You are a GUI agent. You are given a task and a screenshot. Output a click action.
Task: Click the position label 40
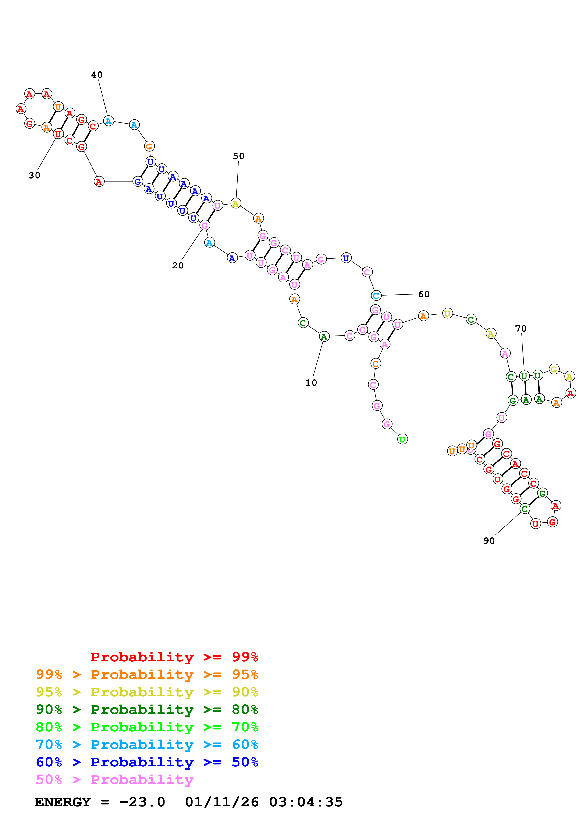[x=97, y=75]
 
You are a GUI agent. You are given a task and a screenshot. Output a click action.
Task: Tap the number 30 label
[x=35, y=176]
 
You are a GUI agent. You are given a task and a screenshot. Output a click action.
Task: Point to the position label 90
[x=489, y=541]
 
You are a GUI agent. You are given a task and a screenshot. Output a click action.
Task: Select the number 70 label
[x=521, y=328]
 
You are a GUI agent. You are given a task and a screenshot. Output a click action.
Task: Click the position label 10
[x=311, y=383]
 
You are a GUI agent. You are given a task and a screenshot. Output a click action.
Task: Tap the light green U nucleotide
[x=402, y=439]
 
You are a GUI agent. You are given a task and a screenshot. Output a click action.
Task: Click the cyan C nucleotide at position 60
[x=376, y=296]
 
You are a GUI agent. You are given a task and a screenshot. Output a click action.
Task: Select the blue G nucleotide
[x=138, y=182]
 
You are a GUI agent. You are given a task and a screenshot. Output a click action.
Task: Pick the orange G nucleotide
[x=149, y=146]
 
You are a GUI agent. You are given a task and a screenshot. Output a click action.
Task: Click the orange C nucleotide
[x=375, y=364]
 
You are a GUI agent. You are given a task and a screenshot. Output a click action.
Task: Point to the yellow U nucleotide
[x=447, y=314]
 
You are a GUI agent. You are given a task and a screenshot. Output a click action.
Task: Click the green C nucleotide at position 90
[x=524, y=509]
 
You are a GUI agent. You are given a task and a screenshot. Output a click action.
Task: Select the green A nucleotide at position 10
[x=324, y=336]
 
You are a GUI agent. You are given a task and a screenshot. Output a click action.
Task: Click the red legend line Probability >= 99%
[x=174, y=657]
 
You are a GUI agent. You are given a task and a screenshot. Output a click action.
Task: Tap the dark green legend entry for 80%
[x=147, y=710]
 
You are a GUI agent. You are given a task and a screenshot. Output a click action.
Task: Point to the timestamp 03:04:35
[x=306, y=802]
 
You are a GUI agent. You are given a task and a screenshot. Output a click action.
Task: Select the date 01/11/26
[x=222, y=802]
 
